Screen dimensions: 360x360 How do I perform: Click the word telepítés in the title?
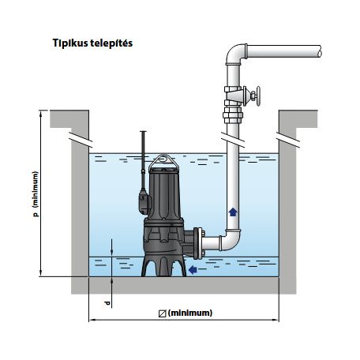coord(111,43)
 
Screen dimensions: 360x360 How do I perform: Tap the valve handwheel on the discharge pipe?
coord(257,96)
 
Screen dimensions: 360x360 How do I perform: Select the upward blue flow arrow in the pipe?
coord(233,212)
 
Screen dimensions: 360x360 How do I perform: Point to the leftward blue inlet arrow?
coord(193,269)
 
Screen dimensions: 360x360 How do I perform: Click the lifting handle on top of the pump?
coord(163,161)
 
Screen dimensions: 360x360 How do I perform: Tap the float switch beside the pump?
coord(144,201)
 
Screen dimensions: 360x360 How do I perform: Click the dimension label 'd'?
coord(107,303)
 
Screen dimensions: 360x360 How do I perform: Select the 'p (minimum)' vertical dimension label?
coord(36,194)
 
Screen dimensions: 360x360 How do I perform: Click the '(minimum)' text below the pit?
coord(190,313)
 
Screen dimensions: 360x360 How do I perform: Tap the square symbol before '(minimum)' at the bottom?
coord(163,313)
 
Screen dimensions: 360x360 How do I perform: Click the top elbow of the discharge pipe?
coord(235,54)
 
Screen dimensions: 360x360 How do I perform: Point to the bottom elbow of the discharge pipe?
coord(231,240)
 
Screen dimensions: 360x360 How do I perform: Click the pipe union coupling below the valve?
coord(233,115)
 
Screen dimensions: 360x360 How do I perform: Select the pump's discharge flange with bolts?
coord(198,243)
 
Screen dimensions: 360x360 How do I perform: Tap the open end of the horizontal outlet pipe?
coord(320,51)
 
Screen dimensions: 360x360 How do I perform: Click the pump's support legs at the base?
coord(163,265)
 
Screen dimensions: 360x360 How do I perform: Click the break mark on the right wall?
coord(287,139)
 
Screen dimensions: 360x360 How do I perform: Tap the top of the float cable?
coord(143,132)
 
